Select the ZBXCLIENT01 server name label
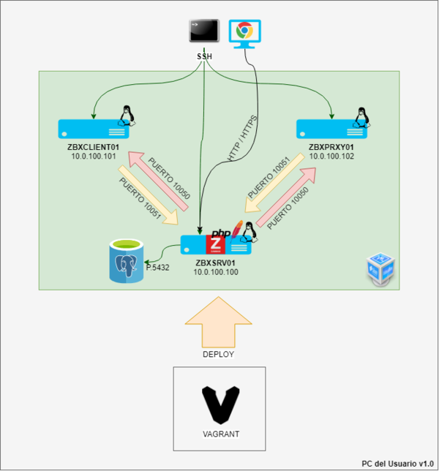click(x=94, y=147)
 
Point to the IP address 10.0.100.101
click(x=94, y=157)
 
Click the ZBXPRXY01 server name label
click(x=332, y=147)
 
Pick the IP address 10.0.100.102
click(x=332, y=157)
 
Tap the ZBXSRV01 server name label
click(x=217, y=262)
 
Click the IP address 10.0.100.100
click(x=217, y=272)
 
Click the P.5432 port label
click(x=157, y=268)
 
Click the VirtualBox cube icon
click(x=380, y=270)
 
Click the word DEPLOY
click(x=217, y=354)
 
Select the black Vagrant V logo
click(x=220, y=404)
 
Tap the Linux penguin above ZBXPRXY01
click(x=360, y=116)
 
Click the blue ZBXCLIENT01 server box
click(x=93, y=129)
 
